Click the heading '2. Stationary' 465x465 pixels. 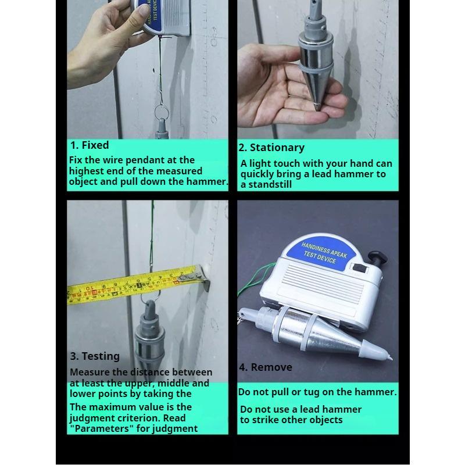click(271, 148)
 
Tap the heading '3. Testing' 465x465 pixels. click(95, 356)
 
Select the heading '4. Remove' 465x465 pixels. click(266, 367)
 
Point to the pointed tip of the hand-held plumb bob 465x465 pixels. click(316, 107)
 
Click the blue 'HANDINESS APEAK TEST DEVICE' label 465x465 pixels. click(324, 254)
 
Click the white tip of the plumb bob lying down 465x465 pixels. click(377, 351)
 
